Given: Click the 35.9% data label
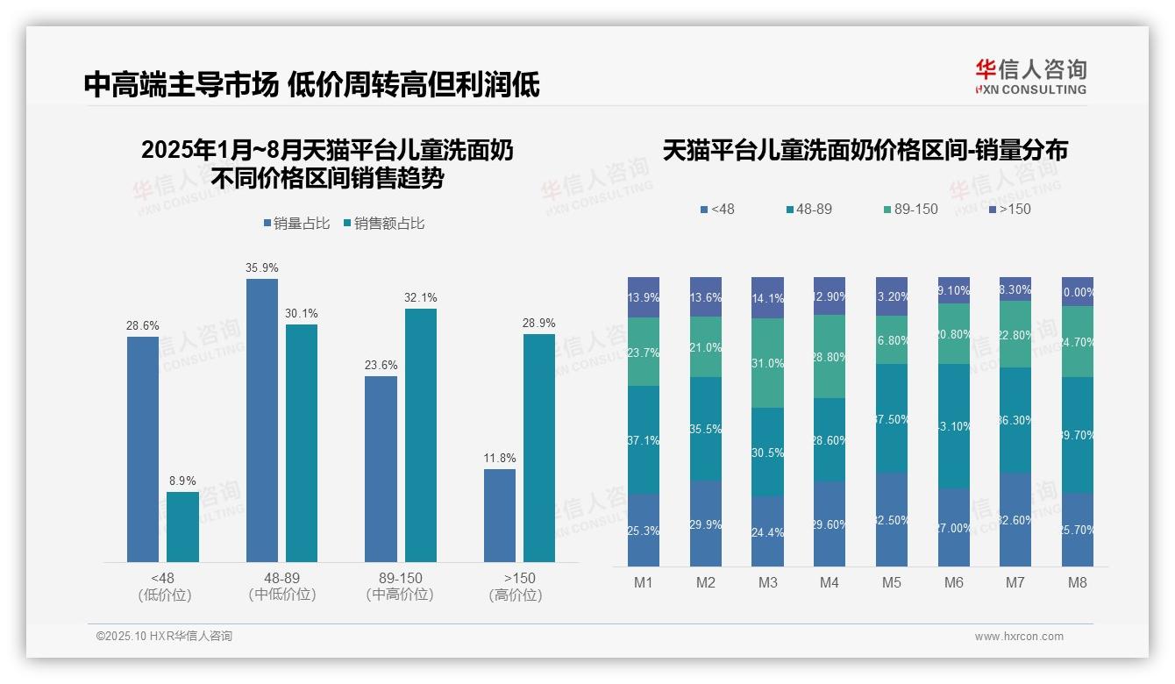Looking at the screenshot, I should pyautogui.click(x=262, y=267).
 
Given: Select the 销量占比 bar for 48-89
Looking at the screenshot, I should pyautogui.click(x=262, y=420).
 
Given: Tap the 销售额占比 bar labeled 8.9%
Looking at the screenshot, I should pyautogui.click(x=182, y=526).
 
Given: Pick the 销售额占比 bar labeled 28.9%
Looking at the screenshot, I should pyautogui.click(x=539, y=447).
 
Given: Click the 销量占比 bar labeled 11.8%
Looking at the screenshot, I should pyautogui.click(x=500, y=515).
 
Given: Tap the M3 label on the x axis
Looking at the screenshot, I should pyautogui.click(x=768, y=582).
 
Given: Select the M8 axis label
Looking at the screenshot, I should pyautogui.click(x=1078, y=582).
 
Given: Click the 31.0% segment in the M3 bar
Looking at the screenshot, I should pyautogui.click(x=768, y=363).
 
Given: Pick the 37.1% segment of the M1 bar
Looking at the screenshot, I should pyautogui.click(x=644, y=439).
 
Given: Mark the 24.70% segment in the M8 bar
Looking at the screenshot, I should pyautogui.click(x=1078, y=342).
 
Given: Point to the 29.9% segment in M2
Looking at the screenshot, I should pyautogui.click(x=706, y=524).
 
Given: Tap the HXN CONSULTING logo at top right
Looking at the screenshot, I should pyautogui.click(x=1030, y=76).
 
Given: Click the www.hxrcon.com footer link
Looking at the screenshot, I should pyautogui.click(x=1019, y=637).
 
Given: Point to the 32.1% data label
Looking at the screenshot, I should pyautogui.click(x=421, y=297).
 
